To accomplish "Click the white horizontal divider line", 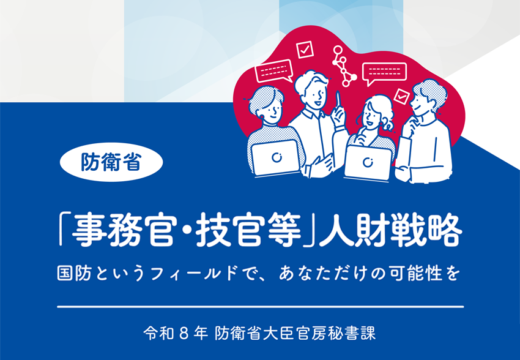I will click(x=259, y=305).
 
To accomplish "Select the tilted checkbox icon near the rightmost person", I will click(x=401, y=96).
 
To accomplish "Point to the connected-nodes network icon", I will click(x=344, y=64).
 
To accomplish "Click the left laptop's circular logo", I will click(x=276, y=157).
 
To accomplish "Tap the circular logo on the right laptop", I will click(x=368, y=163).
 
